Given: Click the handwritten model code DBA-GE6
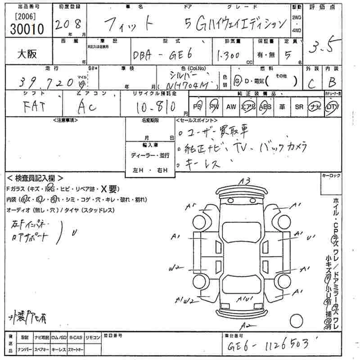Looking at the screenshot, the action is pyautogui.click(x=162, y=55).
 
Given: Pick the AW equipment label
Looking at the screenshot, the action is pyautogui.click(x=231, y=107).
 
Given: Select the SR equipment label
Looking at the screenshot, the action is pyautogui.click(x=298, y=107).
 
